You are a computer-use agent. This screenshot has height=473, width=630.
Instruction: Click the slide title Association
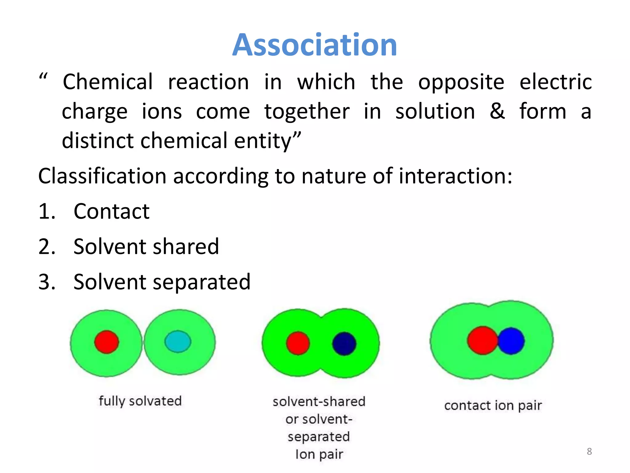coord(314,45)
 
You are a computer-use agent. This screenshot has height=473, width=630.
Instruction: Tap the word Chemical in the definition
coord(108,82)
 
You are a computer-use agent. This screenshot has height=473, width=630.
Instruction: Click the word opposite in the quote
coord(461,83)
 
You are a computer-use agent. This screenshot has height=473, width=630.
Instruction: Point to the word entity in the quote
coord(267,141)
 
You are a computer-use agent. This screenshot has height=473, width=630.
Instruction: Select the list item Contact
coord(111,212)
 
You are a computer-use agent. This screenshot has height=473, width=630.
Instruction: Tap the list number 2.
coord(46,247)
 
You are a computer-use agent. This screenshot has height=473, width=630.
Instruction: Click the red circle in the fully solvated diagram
coord(106,342)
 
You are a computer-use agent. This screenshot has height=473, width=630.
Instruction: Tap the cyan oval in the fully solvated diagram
coord(178,341)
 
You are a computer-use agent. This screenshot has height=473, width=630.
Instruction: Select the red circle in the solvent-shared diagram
coord(298,343)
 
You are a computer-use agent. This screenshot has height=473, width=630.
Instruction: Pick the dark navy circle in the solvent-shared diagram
coord(344,343)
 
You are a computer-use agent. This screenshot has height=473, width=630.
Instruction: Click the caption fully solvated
coord(140,401)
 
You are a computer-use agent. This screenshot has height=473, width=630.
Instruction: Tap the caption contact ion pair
coord(493,406)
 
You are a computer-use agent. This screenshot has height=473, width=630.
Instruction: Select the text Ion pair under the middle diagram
coord(319,454)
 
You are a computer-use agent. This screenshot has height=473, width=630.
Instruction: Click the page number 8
coord(589,451)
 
